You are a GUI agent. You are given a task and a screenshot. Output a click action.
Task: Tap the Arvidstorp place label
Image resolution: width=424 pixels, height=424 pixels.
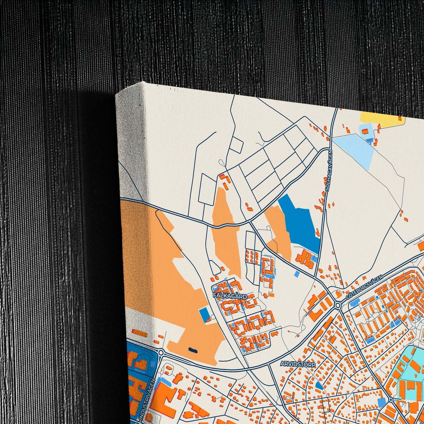tap(298, 364)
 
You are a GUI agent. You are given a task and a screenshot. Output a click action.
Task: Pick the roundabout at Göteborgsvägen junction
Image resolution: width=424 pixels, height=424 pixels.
tap(338, 306)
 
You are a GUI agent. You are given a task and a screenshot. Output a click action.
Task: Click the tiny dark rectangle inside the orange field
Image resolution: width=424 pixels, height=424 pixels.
tap(192, 349)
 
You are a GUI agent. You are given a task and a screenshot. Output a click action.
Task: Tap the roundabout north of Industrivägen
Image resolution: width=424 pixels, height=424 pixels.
tap(161, 352)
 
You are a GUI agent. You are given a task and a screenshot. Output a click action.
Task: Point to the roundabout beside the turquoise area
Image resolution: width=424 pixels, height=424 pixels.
tap(391, 399)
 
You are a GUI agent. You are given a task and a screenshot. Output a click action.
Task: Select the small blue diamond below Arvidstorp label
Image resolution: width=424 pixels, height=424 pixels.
tap(319, 385)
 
